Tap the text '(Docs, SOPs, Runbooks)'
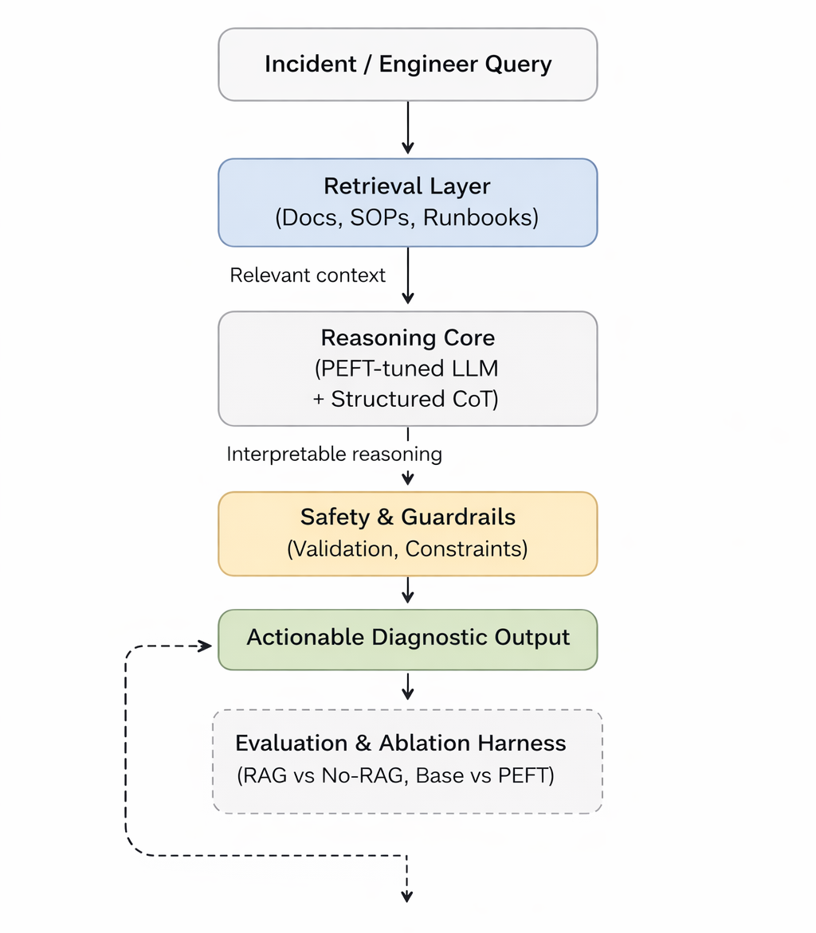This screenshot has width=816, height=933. (407, 217)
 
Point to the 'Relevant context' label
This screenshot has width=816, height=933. (308, 275)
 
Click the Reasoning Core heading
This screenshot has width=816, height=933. (407, 338)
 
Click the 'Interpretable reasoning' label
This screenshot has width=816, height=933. (334, 455)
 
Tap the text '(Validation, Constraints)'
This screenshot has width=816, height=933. (407, 549)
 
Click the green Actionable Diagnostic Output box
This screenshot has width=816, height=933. (407, 638)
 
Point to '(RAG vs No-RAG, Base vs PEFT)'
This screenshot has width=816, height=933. (395, 775)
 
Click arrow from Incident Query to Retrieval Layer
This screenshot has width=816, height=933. (407, 127)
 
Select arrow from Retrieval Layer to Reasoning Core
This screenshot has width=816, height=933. (407, 275)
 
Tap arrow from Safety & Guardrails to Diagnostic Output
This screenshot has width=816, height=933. (407, 591)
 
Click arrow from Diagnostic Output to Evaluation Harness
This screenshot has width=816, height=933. (407, 687)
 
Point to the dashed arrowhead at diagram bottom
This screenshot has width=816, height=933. (407, 896)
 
